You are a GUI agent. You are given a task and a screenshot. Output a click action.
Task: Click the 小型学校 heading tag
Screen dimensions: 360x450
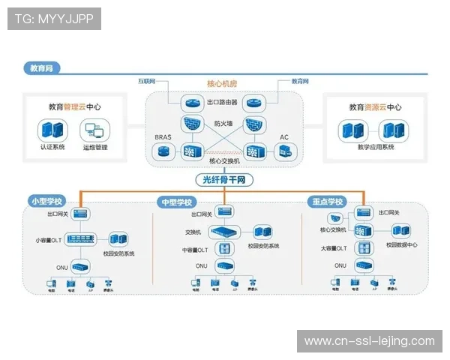[x=46, y=202]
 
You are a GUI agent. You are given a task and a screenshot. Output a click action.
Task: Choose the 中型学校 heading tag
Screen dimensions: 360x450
[x=177, y=202]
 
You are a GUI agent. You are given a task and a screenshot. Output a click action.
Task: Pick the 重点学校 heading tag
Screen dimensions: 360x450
[x=327, y=202]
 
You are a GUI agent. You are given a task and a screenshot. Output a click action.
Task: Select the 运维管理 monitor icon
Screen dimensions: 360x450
[x=95, y=130]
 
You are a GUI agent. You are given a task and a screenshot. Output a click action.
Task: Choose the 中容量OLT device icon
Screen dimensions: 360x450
[x=223, y=248]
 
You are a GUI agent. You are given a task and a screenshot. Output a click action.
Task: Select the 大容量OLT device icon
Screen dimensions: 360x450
[x=364, y=248]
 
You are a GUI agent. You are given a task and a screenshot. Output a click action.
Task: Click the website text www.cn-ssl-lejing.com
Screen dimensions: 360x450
[x=369, y=341]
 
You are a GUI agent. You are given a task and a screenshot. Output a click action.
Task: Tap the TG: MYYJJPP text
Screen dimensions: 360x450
[x=54, y=18]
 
